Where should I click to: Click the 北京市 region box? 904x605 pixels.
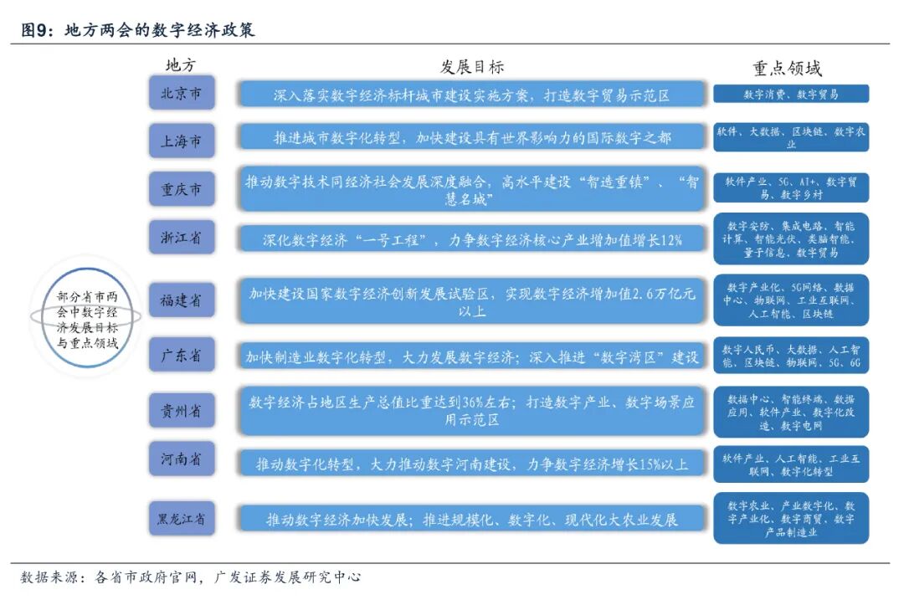point(181,93)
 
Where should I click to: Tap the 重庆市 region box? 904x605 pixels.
point(181,189)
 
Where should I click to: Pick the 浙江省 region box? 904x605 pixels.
point(181,238)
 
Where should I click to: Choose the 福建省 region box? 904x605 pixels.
point(181,300)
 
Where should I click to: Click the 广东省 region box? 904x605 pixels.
point(181,356)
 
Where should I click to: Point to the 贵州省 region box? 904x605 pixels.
point(181,410)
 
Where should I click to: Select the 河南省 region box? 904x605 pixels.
point(181,459)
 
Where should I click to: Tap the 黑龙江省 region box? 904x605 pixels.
point(181,519)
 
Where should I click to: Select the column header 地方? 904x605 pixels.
point(181,65)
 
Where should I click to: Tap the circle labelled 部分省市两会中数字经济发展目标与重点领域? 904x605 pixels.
point(87,320)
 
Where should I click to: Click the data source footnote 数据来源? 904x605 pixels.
point(191,577)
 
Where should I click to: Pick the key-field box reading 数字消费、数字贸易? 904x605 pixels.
point(790,94)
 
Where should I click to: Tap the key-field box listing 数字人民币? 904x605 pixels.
point(790,356)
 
